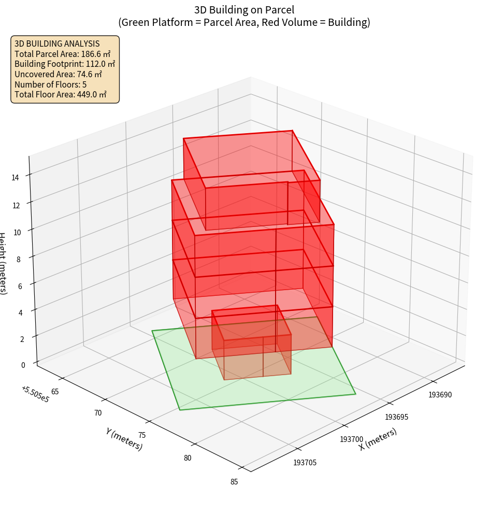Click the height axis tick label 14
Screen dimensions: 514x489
click(x=15, y=178)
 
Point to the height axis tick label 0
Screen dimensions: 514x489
click(x=23, y=365)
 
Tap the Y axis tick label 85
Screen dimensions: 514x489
click(x=234, y=482)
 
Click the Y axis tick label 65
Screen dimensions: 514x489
click(x=55, y=391)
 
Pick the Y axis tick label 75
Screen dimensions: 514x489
click(x=142, y=435)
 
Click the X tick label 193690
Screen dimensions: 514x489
click(x=440, y=395)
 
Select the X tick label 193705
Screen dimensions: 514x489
click(x=305, y=463)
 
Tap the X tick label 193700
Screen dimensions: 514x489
click(x=351, y=439)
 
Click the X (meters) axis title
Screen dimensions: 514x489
click(x=378, y=439)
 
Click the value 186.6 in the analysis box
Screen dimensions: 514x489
click(x=91, y=54)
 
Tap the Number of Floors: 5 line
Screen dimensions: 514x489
click(x=51, y=84)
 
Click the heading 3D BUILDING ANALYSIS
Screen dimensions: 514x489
click(x=57, y=44)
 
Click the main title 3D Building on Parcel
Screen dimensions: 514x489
click(x=244, y=10)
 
